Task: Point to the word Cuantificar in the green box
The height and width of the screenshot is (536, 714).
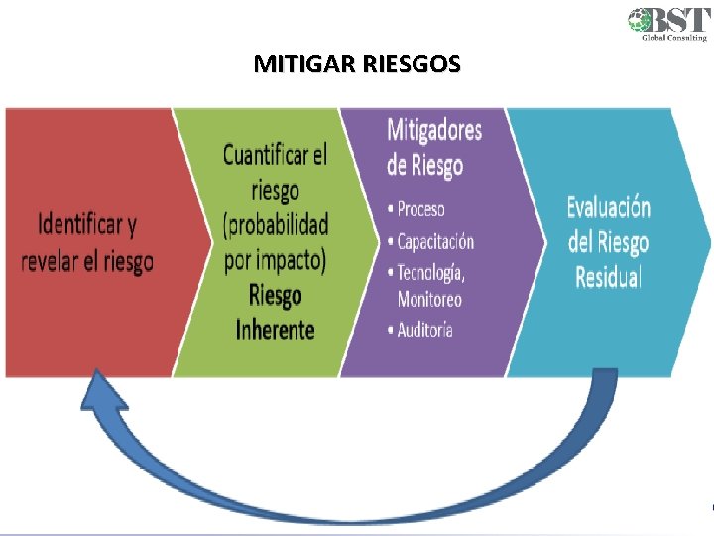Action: [265, 155]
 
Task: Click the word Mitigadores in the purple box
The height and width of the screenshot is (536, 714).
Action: [434, 130]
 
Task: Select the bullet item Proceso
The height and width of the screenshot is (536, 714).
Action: [420, 209]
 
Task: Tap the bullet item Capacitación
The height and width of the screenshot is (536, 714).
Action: [435, 241]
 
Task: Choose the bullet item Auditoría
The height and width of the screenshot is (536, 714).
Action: [424, 330]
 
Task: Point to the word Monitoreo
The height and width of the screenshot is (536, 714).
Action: [429, 298]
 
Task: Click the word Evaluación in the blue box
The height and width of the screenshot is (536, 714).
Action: [608, 207]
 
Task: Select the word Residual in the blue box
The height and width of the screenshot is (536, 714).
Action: [608, 276]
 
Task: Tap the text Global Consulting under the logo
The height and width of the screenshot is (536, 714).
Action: [669, 38]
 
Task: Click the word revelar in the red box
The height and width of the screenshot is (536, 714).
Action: [51, 262]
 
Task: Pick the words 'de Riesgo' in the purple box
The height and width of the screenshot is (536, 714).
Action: [424, 165]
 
